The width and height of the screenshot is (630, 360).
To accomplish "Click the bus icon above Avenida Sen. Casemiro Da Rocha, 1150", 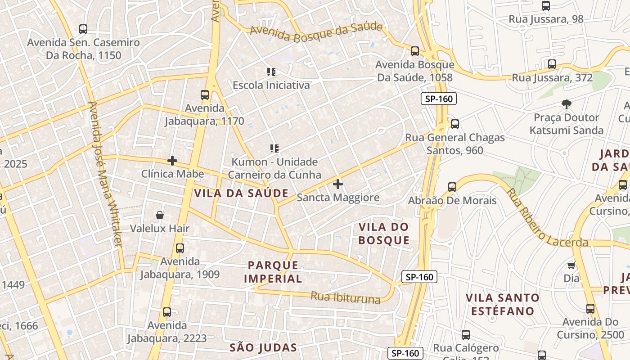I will pyautogui.click(x=83, y=29).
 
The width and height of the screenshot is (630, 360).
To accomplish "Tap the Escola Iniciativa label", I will pyautogui.click(x=271, y=85).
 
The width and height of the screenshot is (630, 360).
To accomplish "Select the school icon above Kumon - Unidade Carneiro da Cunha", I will pyautogui.click(x=274, y=148).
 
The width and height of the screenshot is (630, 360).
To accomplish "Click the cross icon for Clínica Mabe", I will pyautogui.click(x=172, y=161).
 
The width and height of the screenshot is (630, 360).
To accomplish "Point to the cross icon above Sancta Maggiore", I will pyautogui.click(x=338, y=184).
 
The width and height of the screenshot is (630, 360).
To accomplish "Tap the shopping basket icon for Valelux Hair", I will pyautogui.click(x=160, y=216).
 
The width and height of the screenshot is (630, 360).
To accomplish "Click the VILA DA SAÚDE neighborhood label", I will pyautogui.click(x=241, y=193).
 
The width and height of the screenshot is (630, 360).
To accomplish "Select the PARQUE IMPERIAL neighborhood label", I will pyautogui.click(x=273, y=272).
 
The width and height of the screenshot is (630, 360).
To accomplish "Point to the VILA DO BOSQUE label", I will pyautogui.click(x=384, y=234).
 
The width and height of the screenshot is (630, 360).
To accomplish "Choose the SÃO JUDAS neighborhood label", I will pyautogui.click(x=263, y=347).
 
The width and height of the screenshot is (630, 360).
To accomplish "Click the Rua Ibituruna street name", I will pyautogui.click(x=345, y=297).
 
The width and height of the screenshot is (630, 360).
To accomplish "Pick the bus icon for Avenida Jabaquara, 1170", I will pyautogui.click(x=205, y=95).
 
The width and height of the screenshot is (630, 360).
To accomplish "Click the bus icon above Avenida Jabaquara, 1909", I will pyautogui.click(x=180, y=248).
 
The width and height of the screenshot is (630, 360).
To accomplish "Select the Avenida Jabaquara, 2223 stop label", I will pyautogui.click(x=167, y=332).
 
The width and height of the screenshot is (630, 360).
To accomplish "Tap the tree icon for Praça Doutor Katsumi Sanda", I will pyautogui.click(x=567, y=104).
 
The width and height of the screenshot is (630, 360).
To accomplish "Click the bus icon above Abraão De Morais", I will pyautogui.click(x=452, y=187).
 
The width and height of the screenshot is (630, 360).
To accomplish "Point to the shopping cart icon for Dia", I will pyautogui.click(x=571, y=265).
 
